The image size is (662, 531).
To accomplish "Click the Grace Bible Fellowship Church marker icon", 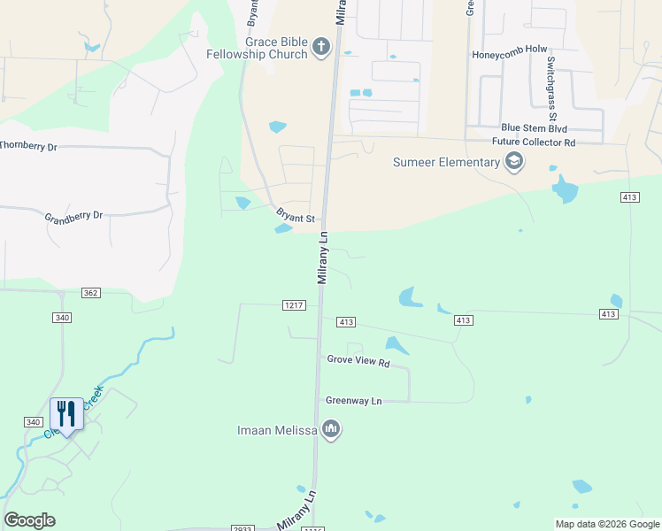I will (x=320, y=47).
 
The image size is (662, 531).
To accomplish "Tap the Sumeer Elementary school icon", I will (x=513, y=162).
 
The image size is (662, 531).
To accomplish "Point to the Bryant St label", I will (x=296, y=217).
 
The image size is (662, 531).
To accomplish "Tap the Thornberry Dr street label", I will (x=28, y=146).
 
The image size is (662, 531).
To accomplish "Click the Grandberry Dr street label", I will (x=73, y=215).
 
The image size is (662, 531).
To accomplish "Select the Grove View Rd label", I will (x=358, y=361).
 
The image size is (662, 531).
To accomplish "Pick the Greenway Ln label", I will (x=353, y=401).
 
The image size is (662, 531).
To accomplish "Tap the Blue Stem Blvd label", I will (x=534, y=128).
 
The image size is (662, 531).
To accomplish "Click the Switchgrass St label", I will (x=551, y=88).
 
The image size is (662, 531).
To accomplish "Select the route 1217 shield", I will (x=295, y=305).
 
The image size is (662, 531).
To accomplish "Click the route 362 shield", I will (x=89, y=292).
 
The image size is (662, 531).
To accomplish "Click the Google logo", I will (x=29, y=520).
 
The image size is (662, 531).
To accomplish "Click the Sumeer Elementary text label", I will (x=446, y=162).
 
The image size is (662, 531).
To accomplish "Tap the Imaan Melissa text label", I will (x=277, y=431).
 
